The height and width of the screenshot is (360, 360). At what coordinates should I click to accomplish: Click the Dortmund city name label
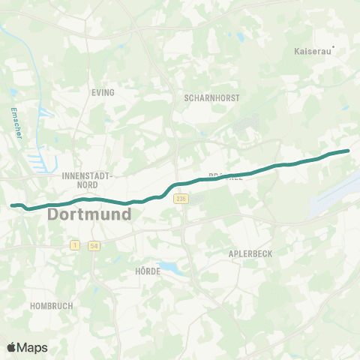89,214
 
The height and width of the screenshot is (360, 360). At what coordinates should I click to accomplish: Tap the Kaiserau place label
310,53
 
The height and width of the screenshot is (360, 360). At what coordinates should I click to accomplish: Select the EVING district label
103,93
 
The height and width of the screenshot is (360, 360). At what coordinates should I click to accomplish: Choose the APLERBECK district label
250,254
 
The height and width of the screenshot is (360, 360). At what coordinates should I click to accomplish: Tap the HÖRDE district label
148,271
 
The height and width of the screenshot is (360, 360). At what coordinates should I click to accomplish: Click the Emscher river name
14,121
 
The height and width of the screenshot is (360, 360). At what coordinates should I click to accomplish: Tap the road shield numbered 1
75,245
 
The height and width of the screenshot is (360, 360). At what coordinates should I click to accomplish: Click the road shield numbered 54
94,245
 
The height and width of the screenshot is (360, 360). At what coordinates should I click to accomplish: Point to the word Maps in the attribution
34,347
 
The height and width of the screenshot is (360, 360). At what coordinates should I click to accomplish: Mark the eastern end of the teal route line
348,151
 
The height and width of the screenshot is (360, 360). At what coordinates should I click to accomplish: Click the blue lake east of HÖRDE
171,266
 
